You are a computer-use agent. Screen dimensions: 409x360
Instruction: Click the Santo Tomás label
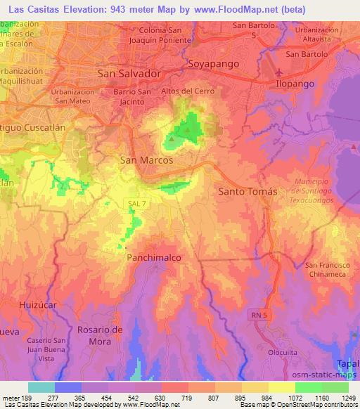click(x=245, y=190)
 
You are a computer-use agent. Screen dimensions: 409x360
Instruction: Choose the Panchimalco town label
click(x=154, y=258)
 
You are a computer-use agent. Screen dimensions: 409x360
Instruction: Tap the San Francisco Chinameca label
click(x=328, y=269)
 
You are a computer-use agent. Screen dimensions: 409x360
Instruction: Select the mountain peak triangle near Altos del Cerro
click(x=170, y=138)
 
